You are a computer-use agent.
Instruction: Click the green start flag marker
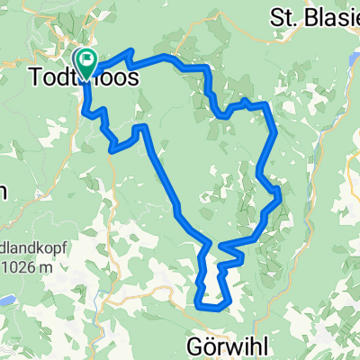click(87, 61)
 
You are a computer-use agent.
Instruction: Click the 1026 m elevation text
click(27, 265)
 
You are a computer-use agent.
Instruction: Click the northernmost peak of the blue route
click(132, 51)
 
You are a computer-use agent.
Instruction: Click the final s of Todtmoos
click(132, 79)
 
